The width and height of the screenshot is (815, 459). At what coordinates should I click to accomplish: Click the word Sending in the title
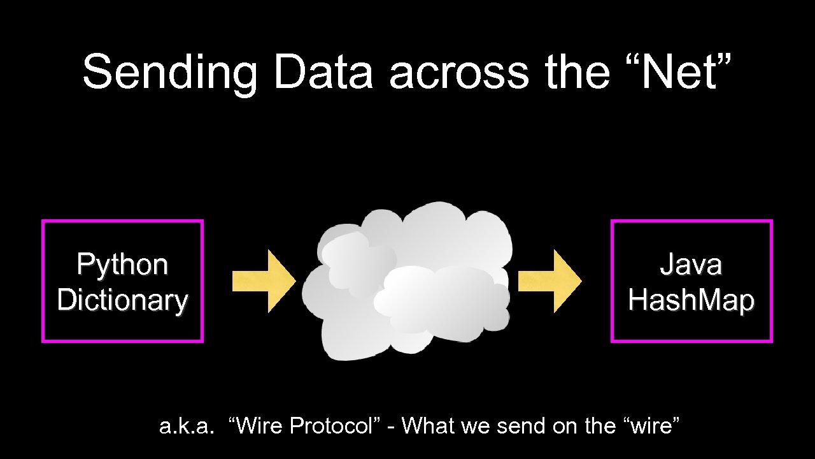pyautogui.click(x=169, y=71)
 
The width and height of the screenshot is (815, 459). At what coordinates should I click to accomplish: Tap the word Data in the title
pyautogui.click(x=323, y=71)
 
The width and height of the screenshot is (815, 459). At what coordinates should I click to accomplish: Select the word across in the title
pyautogui.click(x=459, y=71)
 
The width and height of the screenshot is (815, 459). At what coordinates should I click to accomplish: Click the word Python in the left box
pyautogui.click(x=122, y=265)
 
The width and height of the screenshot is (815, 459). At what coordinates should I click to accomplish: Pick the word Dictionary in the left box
pyautogui.click(x=122, y=300)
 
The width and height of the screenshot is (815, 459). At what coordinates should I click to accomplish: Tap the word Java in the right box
pyautogui.click(x=691, y=264)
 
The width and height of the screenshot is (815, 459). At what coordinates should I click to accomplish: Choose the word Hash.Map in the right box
pyautogui.click(x=691, y=300)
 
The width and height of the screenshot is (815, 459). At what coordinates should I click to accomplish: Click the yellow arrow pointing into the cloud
pyautogui.click(x=264, y=280)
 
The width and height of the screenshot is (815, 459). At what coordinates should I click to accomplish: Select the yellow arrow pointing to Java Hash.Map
pyautogui.click(x=549, y=280)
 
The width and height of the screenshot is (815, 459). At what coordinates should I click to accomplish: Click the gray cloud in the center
pyautogui.click(x=407, y=280)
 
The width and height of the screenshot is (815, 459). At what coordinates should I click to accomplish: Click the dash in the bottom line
pyautogui.click(x=390, y=426)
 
